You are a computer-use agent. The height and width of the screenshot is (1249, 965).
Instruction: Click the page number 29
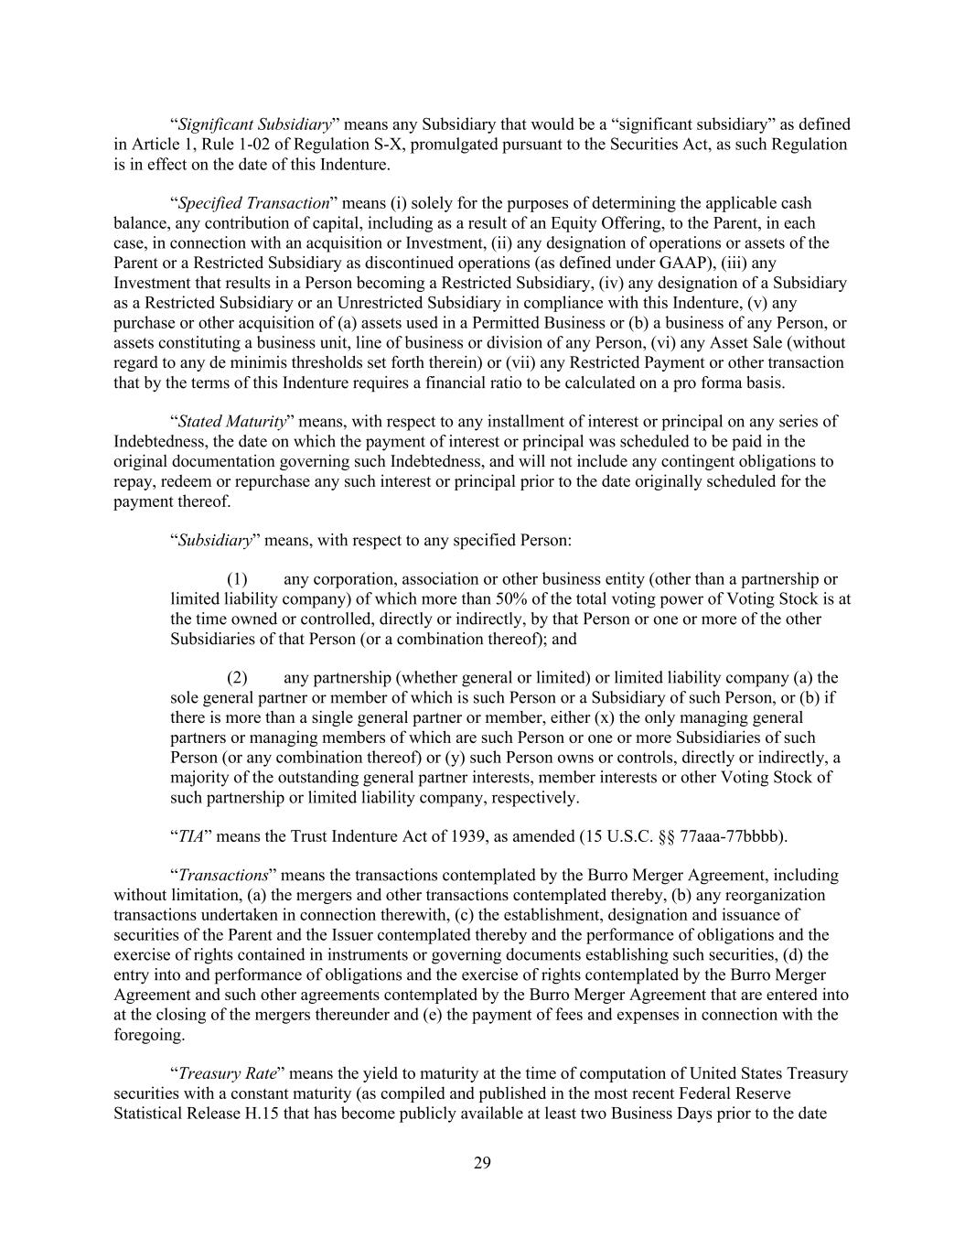[x=483, y=1163]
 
